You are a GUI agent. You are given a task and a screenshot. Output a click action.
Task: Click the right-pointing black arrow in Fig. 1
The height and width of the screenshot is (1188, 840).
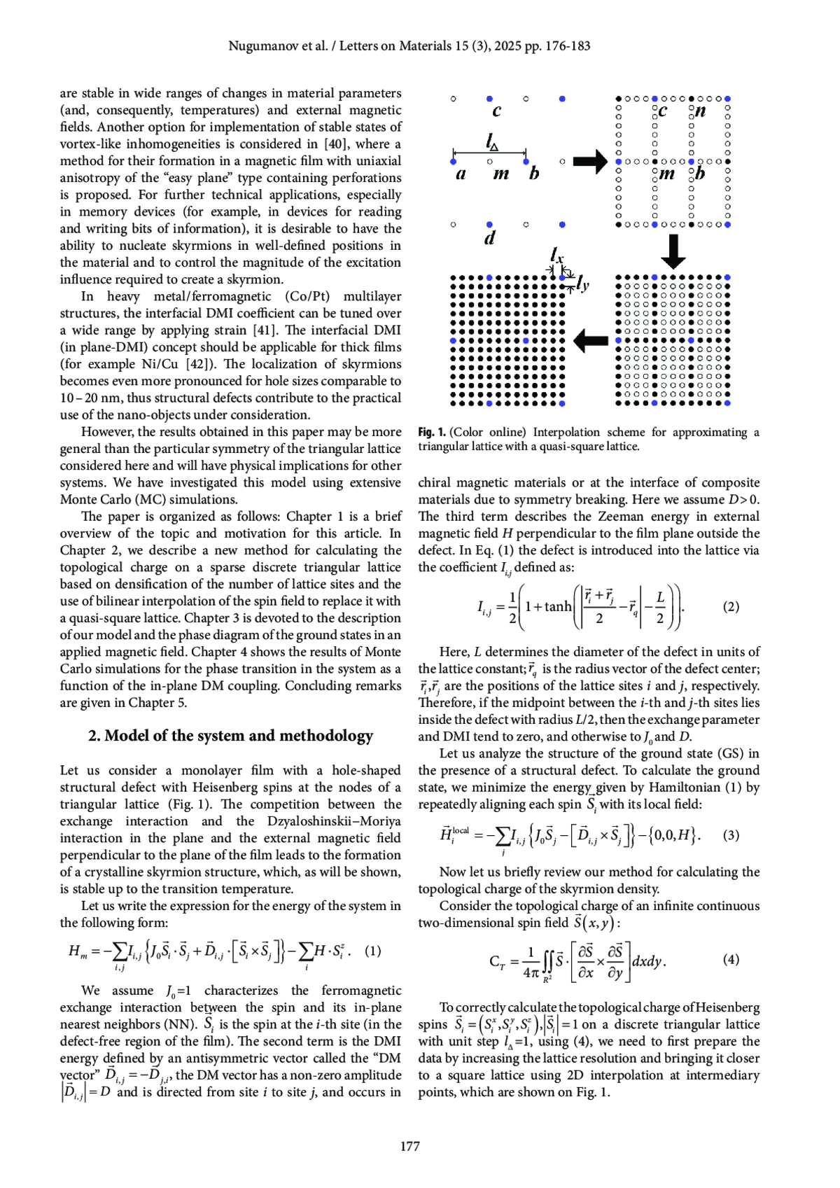point(591,162)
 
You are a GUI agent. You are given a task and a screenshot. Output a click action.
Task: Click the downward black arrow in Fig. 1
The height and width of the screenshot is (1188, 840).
point(673,251)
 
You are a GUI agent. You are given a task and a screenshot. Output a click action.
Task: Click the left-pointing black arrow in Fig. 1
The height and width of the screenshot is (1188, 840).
point(591,341)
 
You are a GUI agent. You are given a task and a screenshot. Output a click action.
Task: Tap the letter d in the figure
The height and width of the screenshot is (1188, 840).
point(489,238)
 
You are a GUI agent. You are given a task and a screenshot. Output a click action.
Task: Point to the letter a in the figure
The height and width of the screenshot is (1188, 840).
point(461,174)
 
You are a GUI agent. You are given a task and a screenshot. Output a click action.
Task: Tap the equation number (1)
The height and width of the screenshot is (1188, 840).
point(373,951)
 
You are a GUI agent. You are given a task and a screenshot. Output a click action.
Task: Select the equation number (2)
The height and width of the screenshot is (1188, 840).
point(731,606)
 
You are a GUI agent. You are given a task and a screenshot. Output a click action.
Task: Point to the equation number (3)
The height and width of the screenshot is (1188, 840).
point(731,834)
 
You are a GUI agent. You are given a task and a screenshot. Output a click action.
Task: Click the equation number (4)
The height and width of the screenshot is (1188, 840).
point(731,959)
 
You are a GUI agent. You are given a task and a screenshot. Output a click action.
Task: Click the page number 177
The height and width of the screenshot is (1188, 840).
point(410,1146)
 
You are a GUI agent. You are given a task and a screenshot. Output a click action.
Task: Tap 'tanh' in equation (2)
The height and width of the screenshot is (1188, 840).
point(558,606)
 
